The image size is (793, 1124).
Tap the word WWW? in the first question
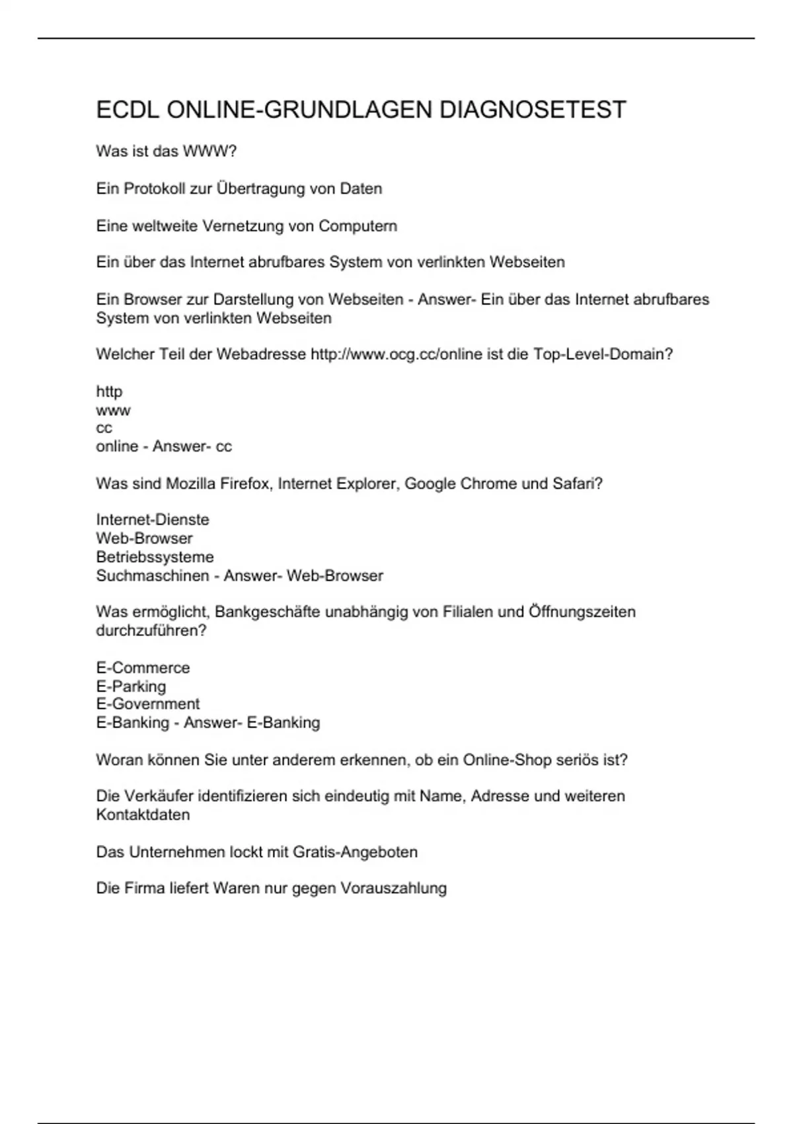coord(209,151)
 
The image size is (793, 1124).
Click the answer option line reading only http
coord(109,391)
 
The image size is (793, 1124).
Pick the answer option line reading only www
coord(113,411)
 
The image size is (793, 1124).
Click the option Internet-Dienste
coord(153,520)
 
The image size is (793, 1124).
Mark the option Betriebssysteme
coord(155,557)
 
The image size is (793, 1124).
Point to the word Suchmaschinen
coord(152,576)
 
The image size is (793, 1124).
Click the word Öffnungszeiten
coord(582,612)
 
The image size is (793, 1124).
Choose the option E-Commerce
coord(143,668)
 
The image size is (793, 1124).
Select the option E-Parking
coord(131,686)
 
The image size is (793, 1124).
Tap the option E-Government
coord(147,704)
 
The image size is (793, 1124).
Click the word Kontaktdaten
coord(143,815)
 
